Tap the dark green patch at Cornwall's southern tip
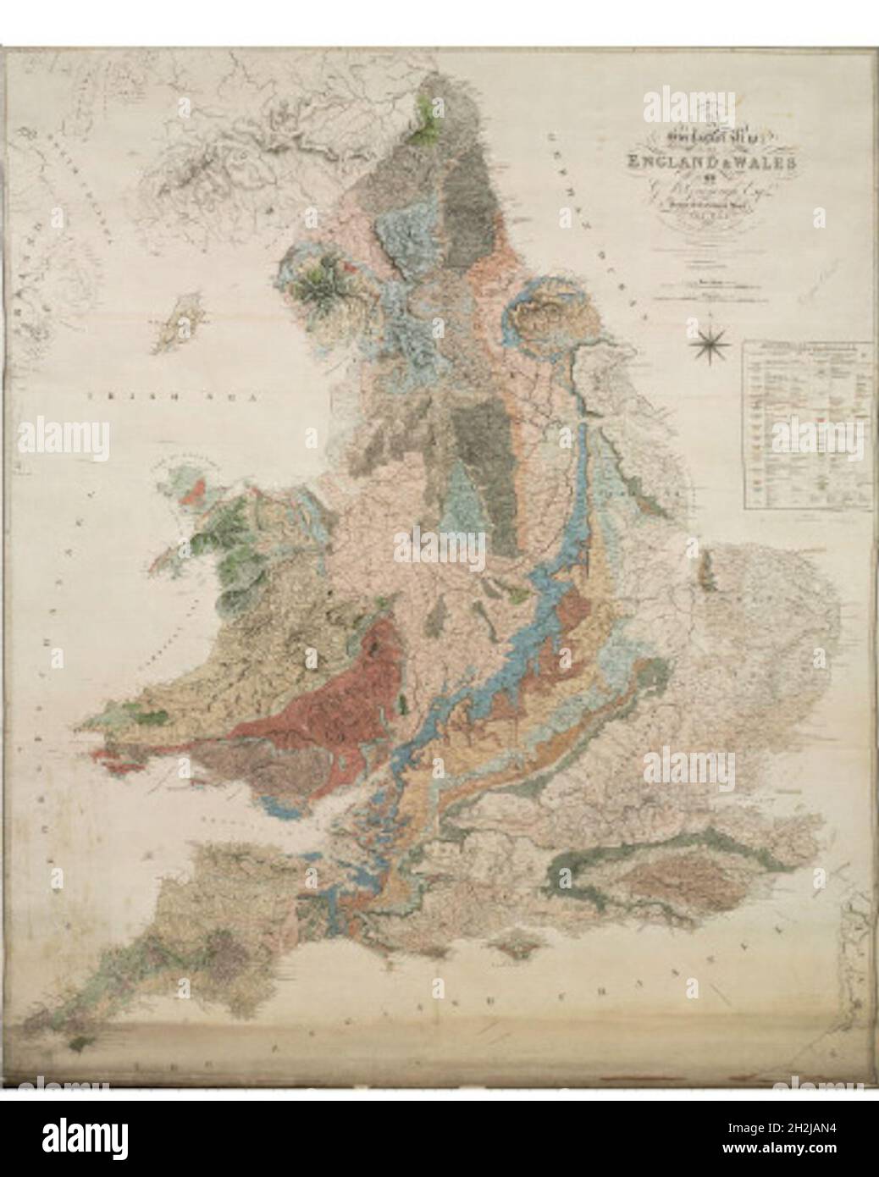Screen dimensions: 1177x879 click(82, 1047)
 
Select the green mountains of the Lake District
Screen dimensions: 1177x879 click(319, 287)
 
